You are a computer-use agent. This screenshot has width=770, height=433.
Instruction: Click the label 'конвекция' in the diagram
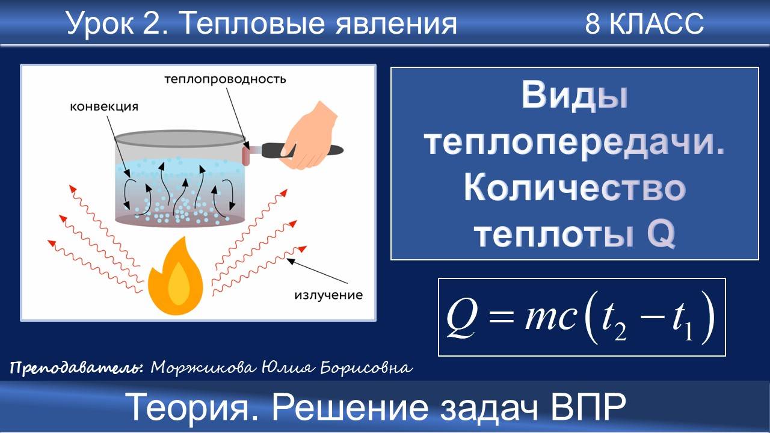(104, 107)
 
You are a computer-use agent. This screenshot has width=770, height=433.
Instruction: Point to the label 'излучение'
(328, 295)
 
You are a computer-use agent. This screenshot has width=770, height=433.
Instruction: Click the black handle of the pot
(283, 150)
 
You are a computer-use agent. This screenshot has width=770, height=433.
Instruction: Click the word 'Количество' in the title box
(574, 189)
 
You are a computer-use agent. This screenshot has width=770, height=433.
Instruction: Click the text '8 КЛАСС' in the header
(644, 24)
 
